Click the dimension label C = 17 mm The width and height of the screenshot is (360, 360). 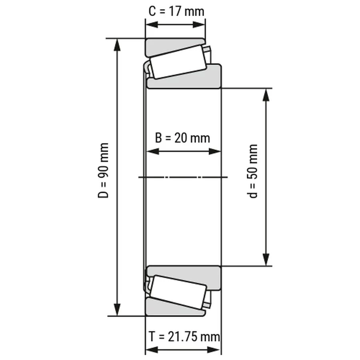click(x=176, y=12)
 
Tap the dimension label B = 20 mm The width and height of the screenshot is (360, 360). click(x=182, y=138)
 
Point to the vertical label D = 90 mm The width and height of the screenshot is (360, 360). click(x=103, y=170)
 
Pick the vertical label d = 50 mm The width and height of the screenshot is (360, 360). click(x=252, y=171)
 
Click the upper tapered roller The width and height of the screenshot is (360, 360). click(x=178, y=62)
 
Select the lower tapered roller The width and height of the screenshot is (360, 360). click(x=178, y=292)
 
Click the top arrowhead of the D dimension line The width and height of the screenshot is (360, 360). click(x=117, y=45)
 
